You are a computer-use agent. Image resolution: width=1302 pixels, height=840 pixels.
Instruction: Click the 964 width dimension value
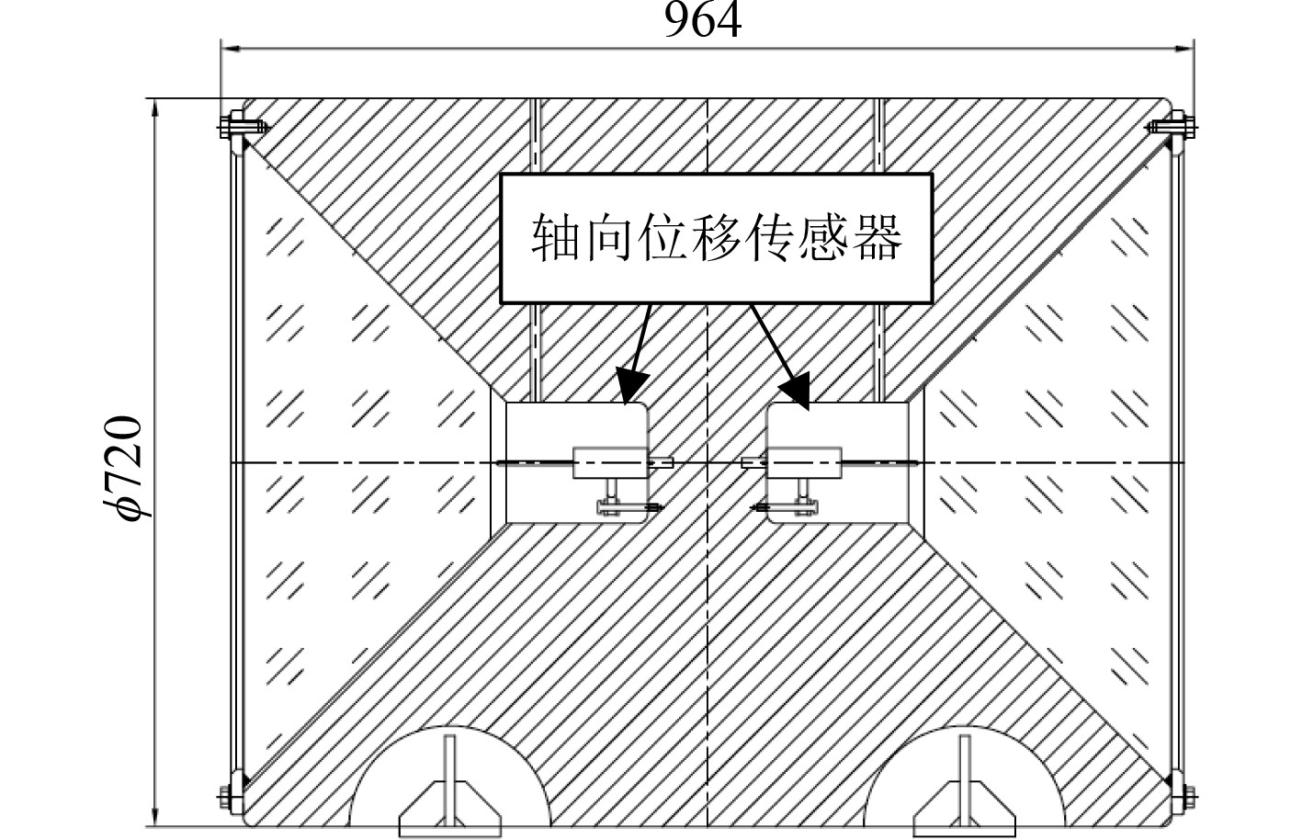point(703,20)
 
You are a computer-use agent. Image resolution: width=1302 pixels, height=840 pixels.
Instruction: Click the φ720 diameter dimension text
point(124,468)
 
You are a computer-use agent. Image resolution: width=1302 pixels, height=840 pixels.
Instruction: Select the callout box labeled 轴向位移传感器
point(716,239)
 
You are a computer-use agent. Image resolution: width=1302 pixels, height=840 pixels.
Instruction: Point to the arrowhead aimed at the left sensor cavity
point(630,387)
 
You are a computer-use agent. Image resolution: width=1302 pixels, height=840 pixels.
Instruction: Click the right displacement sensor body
point(805,461)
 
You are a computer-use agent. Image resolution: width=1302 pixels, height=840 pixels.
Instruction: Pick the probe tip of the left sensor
point(668,462)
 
